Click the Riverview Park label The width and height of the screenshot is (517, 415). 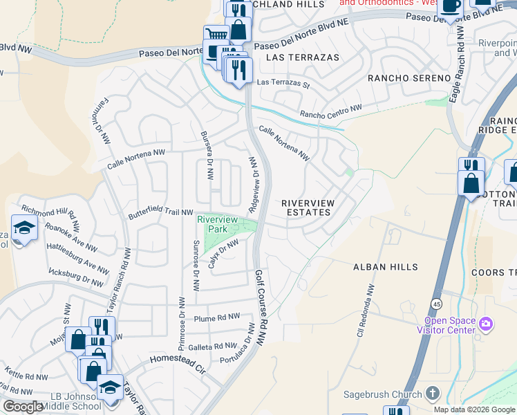(x=217, y=223)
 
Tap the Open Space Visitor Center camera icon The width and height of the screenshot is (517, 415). (x=485, y=324)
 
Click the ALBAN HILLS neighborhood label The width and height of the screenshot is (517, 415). (x=385, y=267)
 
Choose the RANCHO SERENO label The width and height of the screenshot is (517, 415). (x=408, y=78)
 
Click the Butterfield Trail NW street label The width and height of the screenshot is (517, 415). (x=160, y=212)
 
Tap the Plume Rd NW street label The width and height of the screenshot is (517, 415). (x=217, y=318)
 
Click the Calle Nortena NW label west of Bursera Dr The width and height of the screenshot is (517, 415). (x=136, y=160)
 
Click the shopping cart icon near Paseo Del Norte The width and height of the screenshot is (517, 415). (x=216, y=34)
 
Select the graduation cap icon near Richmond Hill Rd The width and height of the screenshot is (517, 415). (x=23, y=228)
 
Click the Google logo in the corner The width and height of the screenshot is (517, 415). (x=23, y=407)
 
